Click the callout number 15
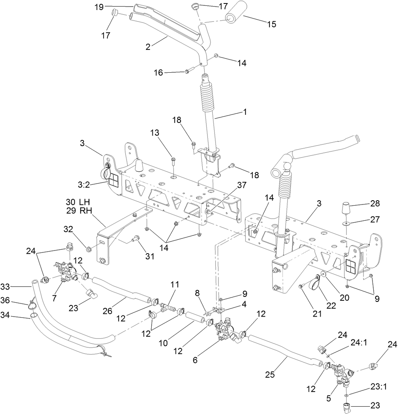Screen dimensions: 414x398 click(x=272, y=24)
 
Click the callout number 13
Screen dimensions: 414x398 click(x=155, y=133)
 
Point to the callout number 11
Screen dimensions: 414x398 click(x=175, y=285)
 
